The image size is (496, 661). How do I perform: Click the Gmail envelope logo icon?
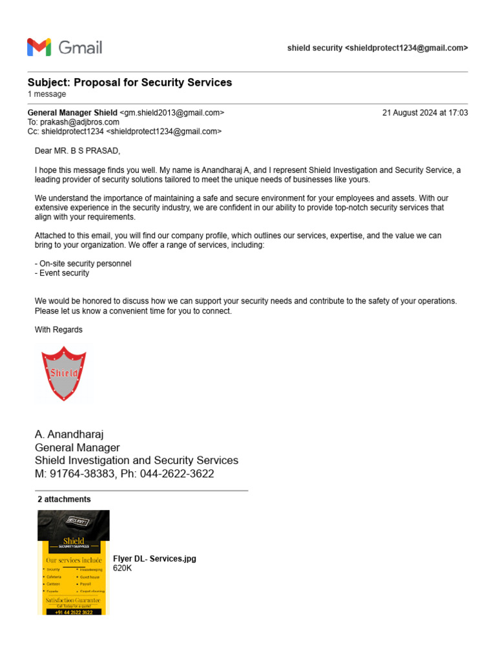tap(39, 47)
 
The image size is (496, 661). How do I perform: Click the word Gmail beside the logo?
tap(80, 48)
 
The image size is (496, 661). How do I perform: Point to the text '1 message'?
tap(46, 94)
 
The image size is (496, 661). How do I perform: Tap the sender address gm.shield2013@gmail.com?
tap(172, 113)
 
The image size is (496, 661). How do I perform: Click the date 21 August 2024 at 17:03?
tap(425, 113)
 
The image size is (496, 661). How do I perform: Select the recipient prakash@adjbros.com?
tap(79, 122)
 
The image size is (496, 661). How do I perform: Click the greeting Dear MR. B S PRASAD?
tap(77, 151)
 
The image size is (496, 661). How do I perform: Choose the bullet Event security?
tap(62, 273)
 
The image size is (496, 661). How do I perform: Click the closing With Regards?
tap(59, 330)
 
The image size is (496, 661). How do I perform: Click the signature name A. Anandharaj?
tap(69, 434)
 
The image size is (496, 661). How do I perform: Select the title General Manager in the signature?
tap(77, 447)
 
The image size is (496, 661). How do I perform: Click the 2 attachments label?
tap(64, 500)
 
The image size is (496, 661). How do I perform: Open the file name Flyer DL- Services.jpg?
tap(154, 559)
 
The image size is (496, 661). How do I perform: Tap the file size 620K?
tap(122, 568)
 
